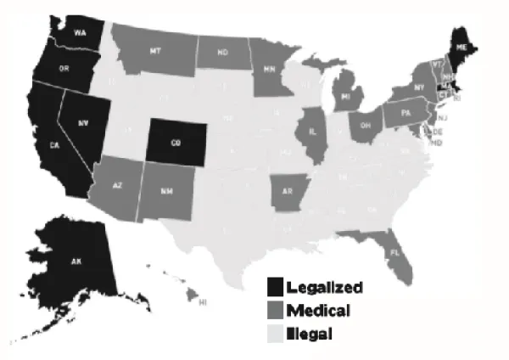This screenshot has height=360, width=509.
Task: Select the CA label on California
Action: pos(53,145)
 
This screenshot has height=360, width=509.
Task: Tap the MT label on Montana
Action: pos(155,52)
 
